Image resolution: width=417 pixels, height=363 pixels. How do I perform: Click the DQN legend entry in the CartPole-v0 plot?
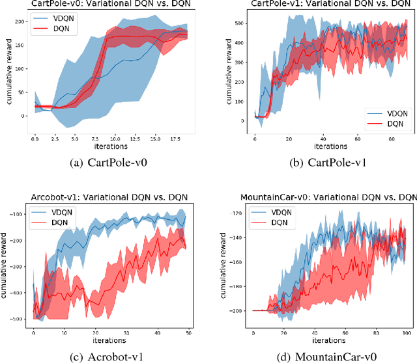tap(55, 29)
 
